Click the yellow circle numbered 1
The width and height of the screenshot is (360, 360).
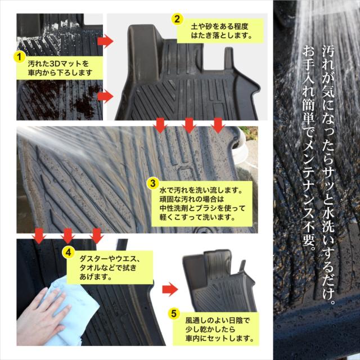[x=20, y=56]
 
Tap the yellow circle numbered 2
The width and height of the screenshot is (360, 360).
[x=177, y=19]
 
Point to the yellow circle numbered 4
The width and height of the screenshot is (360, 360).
[x=69, y=253]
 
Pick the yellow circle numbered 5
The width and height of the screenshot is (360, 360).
[x=174, y=313]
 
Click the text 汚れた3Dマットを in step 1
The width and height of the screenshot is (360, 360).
[x=58, y=64]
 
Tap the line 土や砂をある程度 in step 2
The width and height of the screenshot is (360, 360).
[x=219, y=26]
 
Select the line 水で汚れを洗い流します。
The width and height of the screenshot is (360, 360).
[x=201, y=190]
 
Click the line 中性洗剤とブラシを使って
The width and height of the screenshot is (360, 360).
[x=202, y=208]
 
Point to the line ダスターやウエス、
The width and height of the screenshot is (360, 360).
[x=110, y=259]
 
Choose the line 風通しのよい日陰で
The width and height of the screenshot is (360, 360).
[x=218, y=321]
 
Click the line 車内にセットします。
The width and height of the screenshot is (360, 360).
[x=220, y=339]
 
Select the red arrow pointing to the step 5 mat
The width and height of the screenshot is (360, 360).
[x=170, y=289]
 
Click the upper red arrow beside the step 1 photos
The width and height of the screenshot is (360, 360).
[x=106, y=41]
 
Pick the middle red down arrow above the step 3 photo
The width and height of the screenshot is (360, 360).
[x=189, y=125]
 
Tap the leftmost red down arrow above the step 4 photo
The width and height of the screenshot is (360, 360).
[x=39, y=236]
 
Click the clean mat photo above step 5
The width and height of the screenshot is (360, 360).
[x=219, y=281]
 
